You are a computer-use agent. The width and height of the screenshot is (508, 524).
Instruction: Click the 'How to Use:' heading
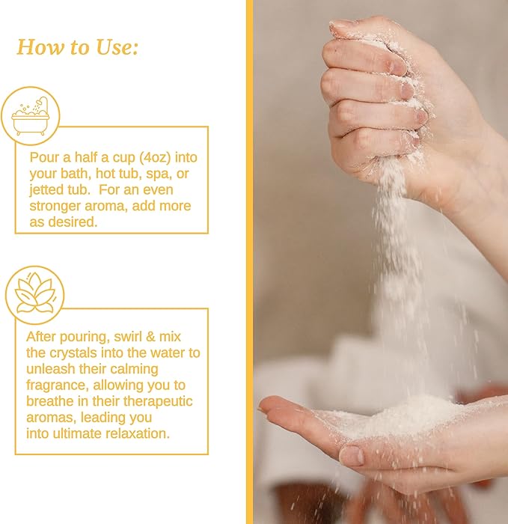(78, 47)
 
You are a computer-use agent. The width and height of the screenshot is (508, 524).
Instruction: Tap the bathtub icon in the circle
(35, 116)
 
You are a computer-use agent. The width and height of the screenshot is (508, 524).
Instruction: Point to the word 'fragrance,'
(60, 386)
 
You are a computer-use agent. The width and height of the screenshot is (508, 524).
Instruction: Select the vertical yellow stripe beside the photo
(249, 262)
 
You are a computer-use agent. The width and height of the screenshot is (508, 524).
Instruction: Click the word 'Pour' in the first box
(44, 158)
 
